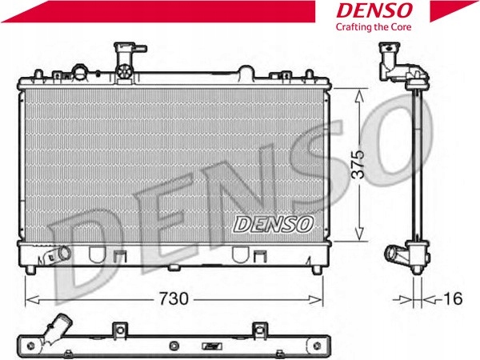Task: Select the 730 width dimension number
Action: pyautogui.click(x=174, y=299)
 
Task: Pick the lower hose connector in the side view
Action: pyautogui.click(x=395, y=256)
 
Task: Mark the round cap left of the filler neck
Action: pyautogui.click(x=80, y=70)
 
